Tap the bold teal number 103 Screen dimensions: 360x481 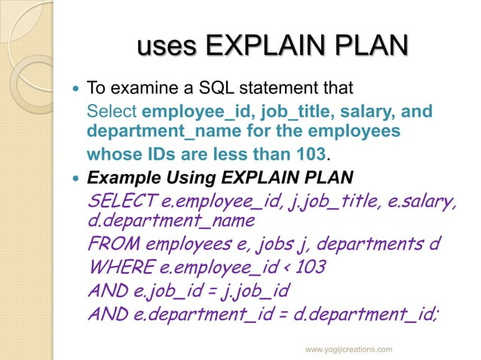tap(312, 155)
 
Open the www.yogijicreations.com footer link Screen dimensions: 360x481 tap(348, 350)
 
